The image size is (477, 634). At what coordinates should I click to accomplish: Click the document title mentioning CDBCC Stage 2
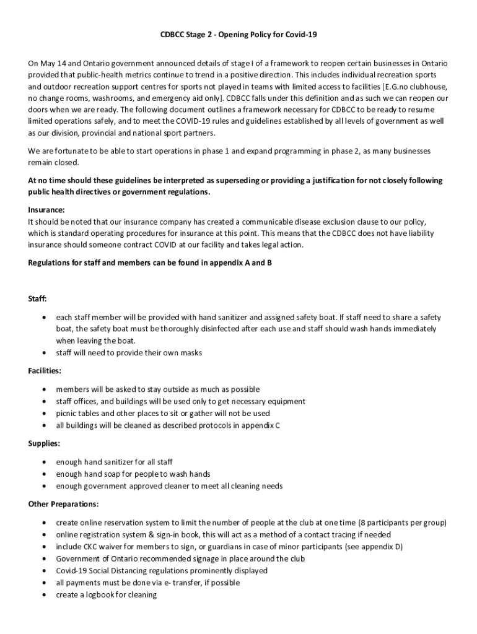pyautogui.click(x=239, y=35)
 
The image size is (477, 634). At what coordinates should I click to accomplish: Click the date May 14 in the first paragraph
pyautogui.click(x=52, y=63)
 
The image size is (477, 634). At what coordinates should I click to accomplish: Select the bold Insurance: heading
pyautogui.click(x=46, y=210)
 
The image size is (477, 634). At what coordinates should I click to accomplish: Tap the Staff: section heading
pyautogui.click(x=37, y=298)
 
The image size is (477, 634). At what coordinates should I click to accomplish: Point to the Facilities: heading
pyautogui.click(x=45, y=370)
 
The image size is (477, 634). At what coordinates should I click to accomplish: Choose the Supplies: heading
pyautogui.click(x=43, y=443)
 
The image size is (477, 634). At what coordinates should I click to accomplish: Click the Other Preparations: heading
pyautogui.click(x=63, y=504)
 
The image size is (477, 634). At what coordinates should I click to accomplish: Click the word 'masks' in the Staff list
pyautogui.click(x=191, y=353)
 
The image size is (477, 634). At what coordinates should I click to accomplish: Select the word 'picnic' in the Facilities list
pyautogui.click(x=66, y=413)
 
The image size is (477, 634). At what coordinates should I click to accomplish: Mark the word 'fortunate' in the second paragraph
pyautogui.click(x=67, y=151)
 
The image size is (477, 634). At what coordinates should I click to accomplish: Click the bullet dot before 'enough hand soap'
pyautogui.click(x=44, y=474)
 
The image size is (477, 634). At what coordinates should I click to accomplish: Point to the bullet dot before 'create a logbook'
pyautogui.click(x=44, y=594)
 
